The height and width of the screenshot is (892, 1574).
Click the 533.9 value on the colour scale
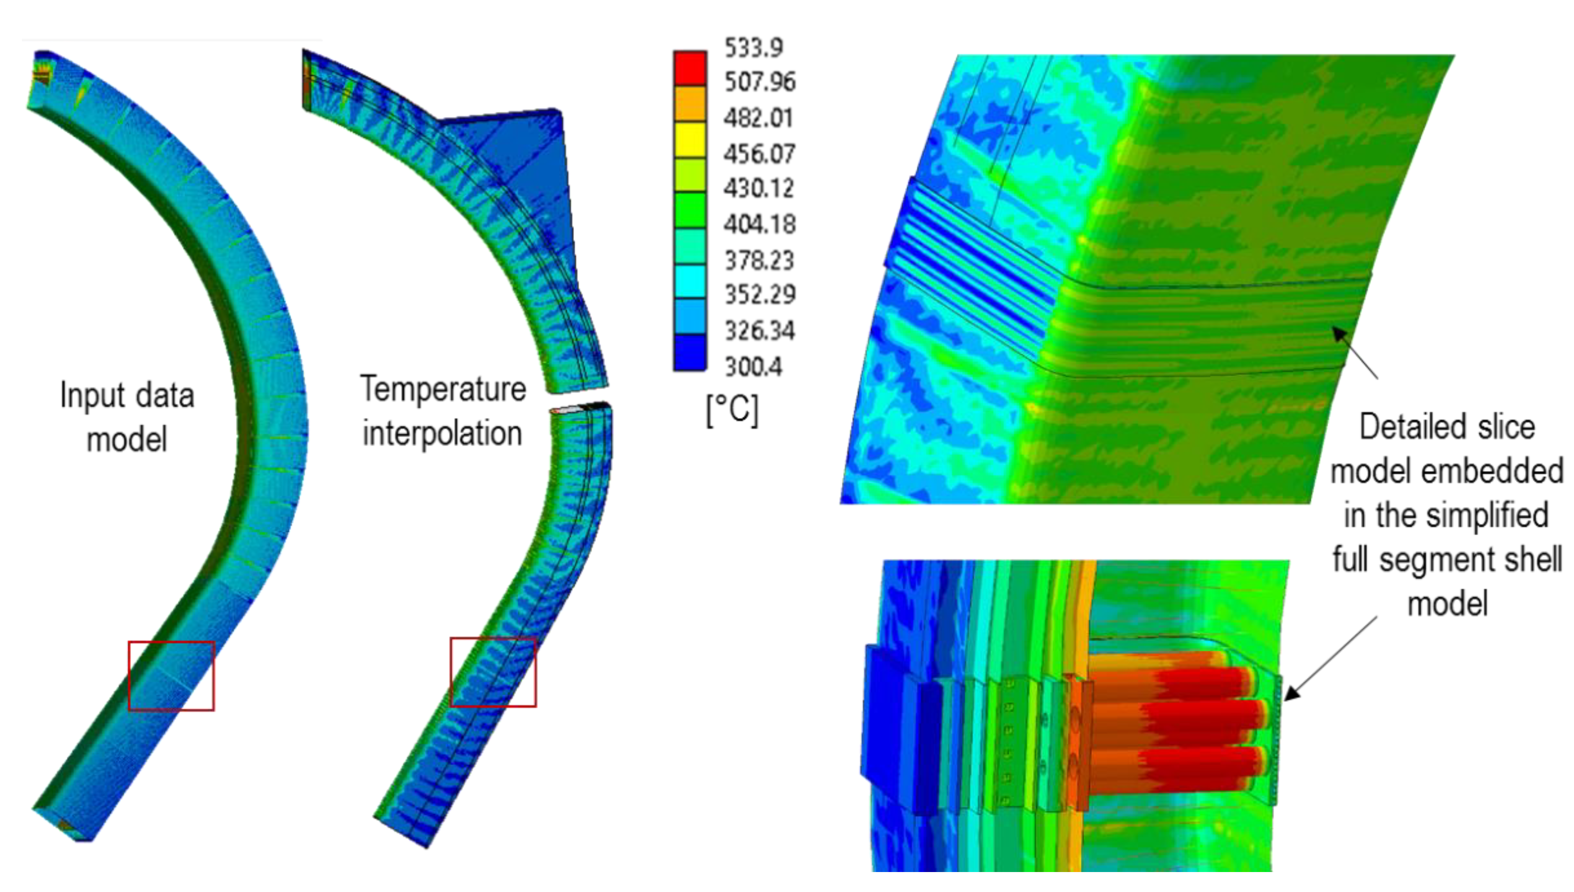point(753,47)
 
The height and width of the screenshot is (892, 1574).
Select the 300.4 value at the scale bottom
point(753,366)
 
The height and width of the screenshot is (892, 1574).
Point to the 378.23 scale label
point(759,260)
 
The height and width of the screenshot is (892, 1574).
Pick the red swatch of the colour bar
point(690,68)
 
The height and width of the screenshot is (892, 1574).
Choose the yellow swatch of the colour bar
point(690,139)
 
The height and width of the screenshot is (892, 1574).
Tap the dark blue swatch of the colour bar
point(690,352)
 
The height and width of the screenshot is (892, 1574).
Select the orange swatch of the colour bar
point(690,104)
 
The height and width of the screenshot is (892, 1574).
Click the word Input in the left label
point(93,396)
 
